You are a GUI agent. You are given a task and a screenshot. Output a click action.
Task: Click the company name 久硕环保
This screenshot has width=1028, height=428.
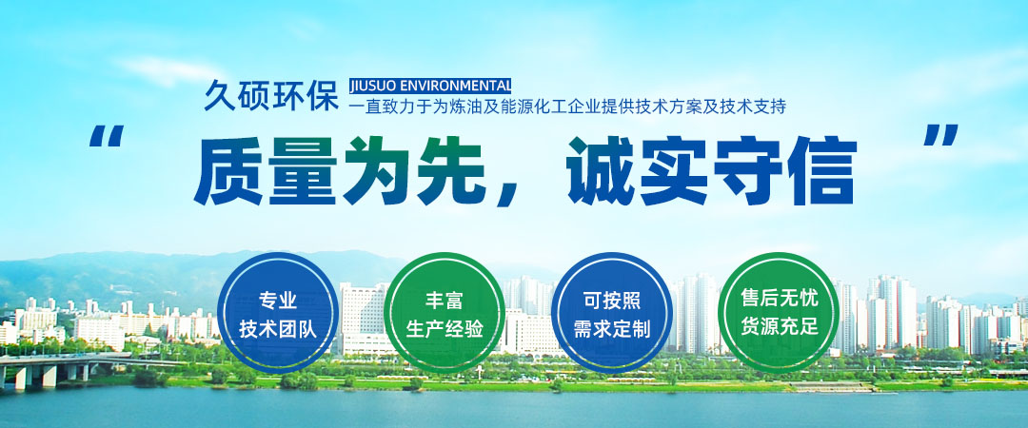point(270,95)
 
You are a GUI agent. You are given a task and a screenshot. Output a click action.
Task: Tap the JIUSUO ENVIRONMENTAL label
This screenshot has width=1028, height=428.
point(429,86)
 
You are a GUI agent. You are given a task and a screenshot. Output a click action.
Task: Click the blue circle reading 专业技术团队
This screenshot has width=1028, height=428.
point(278,313)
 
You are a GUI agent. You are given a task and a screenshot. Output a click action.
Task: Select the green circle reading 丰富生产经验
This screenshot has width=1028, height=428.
point(445,313)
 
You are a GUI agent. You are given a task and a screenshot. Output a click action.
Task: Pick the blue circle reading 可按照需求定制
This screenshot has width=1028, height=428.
point(612,313)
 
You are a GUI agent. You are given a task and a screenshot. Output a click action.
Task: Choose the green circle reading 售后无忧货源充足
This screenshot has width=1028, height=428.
point(779,313)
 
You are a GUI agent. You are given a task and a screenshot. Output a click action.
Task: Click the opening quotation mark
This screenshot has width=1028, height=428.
point(107,136)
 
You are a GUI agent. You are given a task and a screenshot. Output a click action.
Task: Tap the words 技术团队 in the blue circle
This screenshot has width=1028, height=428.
point(278,328)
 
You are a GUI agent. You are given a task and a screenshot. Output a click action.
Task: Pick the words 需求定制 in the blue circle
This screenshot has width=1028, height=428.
point(612,328)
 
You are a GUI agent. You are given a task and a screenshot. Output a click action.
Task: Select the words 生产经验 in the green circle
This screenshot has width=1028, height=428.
point(445,328)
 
